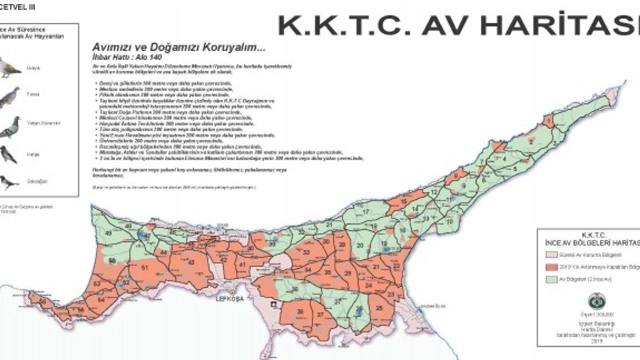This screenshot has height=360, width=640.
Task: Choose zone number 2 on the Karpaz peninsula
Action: click(x=531, y=141)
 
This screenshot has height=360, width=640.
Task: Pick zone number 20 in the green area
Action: click(x=360, y=244)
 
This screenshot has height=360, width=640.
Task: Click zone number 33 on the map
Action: click(x=306, y=252)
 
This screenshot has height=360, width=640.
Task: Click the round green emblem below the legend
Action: click(x=596, y=301)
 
